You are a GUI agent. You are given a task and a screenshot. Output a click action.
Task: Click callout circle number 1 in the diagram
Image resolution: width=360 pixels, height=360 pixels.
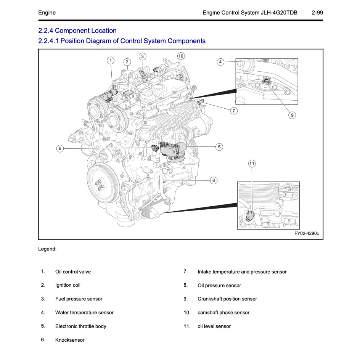click(x=110, y=60)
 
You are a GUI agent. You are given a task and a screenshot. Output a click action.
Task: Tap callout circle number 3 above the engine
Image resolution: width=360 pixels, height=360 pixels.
click(x=142, y=56)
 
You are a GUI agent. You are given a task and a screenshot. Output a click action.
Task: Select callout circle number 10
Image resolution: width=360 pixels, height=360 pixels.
click(x=181, y=56)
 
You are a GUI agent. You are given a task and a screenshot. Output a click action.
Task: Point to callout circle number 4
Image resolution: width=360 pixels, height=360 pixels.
click(x=220, y=62)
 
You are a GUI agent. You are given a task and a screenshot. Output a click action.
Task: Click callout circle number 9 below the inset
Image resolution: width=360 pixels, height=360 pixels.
click(x=292, y=115)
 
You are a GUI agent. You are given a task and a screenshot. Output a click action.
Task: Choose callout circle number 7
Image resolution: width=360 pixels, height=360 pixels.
click(x=234, y=111)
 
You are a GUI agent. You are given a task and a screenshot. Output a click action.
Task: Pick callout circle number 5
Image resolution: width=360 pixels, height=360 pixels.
click(x=219, y=146)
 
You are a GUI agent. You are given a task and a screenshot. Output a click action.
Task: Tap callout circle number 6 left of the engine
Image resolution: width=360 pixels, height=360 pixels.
click(x=60, y=148)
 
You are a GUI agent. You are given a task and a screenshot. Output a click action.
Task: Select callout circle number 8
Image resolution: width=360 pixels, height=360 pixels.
click(x=214, y=180)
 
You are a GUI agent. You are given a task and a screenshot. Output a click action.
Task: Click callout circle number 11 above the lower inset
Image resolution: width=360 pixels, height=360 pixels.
click(x=252, y=164)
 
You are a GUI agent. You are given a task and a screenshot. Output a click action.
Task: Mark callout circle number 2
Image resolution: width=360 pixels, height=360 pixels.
click(x=127, y=62)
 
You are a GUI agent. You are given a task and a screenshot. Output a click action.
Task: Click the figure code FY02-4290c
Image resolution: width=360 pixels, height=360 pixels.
click(x=306, y=233)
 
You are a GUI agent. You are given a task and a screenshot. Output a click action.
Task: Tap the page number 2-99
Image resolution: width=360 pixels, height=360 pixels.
click(x=317, y=13)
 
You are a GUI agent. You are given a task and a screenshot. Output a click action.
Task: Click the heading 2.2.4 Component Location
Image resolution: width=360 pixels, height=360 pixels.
click(x=77, y=31)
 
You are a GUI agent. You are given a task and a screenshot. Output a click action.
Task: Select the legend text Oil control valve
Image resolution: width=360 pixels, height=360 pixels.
click(x=73, y=272)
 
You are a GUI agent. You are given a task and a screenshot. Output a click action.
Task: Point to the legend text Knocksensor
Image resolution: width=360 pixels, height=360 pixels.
click(x=70, y=340)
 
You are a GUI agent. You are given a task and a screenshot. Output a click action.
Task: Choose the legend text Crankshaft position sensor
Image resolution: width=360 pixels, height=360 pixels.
click(x=227, y=299)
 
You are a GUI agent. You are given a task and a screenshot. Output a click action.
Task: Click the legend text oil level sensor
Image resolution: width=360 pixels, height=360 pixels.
click(x=214, y=326)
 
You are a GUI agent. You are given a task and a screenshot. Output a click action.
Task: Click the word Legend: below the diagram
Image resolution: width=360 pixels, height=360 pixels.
click(x=47, y=249)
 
